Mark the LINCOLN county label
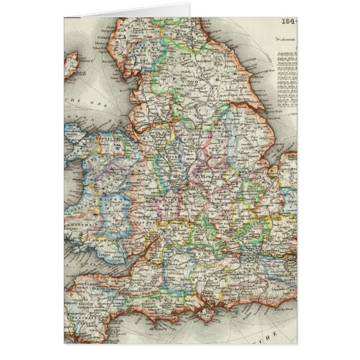[x=238, y=140]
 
